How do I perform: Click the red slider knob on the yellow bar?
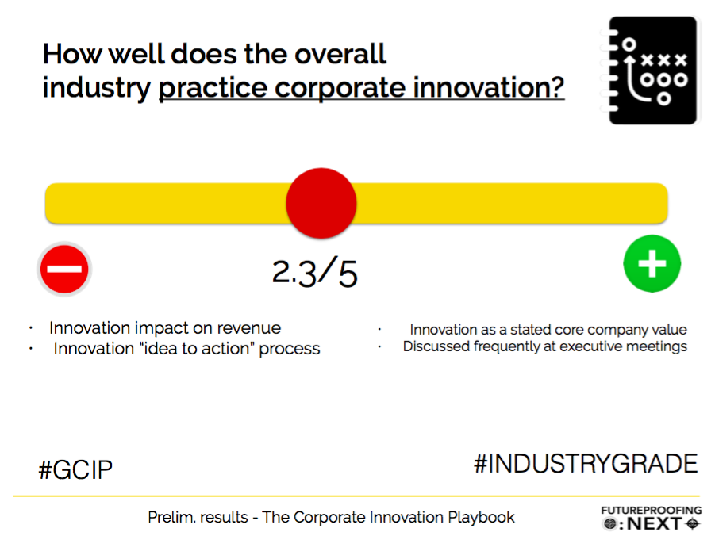[321, 203]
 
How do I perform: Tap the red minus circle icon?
[64, 269]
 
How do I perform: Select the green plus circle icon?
[652, 263]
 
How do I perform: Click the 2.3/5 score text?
[314, 272]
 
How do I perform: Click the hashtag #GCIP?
[75, 470]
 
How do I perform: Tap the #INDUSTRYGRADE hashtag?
[586, 464]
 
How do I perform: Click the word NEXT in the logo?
[655, 524]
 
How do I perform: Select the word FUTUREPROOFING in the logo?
[652, 510]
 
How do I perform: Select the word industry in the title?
[96, 88]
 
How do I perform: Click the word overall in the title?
[340, 54]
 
